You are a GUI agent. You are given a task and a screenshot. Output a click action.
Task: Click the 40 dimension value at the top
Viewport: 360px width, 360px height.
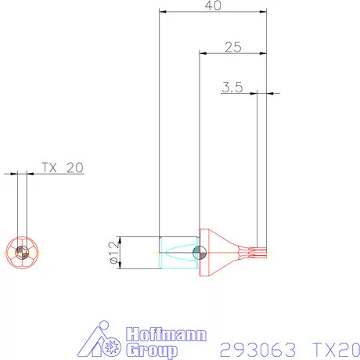211,5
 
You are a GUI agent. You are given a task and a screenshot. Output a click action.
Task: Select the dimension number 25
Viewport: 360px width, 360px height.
232,47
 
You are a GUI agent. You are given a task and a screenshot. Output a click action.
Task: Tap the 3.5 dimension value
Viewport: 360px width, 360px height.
232,88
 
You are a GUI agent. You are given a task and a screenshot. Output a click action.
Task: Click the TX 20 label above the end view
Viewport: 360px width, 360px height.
62,167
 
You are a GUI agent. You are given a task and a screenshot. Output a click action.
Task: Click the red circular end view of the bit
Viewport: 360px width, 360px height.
22,251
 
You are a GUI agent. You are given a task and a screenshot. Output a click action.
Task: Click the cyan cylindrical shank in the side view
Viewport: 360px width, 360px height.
177,252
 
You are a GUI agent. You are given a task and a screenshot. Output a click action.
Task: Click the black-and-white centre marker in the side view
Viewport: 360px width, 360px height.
199,252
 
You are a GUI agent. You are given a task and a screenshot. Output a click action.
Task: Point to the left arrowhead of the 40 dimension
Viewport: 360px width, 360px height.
161,12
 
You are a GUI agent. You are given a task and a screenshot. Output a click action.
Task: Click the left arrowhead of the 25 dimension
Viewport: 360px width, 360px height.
201,53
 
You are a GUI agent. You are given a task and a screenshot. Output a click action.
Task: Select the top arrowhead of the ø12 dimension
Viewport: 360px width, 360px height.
122,239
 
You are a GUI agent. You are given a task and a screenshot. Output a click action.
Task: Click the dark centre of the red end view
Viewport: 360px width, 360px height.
22,252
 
